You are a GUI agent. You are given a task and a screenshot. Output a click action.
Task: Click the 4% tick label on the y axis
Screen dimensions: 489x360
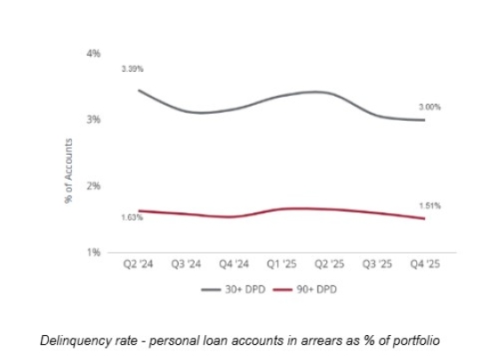pos(93,53)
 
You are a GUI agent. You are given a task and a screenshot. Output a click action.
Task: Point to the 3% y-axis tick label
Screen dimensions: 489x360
pos(93,119)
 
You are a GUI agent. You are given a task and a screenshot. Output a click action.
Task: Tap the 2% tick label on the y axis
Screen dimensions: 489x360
pos(93,186)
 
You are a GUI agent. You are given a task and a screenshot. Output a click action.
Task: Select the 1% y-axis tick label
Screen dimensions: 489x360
pos(93,252)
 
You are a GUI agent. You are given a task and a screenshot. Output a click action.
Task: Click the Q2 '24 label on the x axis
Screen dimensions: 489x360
pos(138,264)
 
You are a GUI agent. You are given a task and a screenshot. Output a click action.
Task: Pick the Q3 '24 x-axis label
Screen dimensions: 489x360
pos(186,264)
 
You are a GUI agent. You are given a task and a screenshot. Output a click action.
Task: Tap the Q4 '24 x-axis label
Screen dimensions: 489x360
pos(234,264)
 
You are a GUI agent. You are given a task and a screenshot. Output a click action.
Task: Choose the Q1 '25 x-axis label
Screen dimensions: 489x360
pos(282,264)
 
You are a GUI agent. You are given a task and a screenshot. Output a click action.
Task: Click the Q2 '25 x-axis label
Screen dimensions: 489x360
pos(329,264)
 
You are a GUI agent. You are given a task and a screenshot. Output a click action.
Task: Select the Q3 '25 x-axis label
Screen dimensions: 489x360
pos(377,264)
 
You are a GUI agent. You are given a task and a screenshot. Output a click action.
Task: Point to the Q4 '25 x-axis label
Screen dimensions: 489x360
pos(425,264)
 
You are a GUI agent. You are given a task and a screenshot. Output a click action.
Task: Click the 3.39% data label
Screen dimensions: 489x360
pos(132,68)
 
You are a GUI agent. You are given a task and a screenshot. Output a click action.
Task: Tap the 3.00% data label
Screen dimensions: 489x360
pos(429,108)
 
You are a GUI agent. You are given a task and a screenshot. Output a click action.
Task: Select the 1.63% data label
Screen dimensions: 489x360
pos(132,217)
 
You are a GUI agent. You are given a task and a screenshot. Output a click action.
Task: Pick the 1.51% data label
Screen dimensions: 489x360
pos(429,205)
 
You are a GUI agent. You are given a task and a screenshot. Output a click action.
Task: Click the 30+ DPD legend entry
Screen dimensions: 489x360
pos(233,290)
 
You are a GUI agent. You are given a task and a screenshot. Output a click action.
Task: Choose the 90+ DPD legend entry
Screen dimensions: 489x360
pos(305,290)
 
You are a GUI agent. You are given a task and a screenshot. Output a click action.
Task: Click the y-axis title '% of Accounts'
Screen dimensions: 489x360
pos(68,171)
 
